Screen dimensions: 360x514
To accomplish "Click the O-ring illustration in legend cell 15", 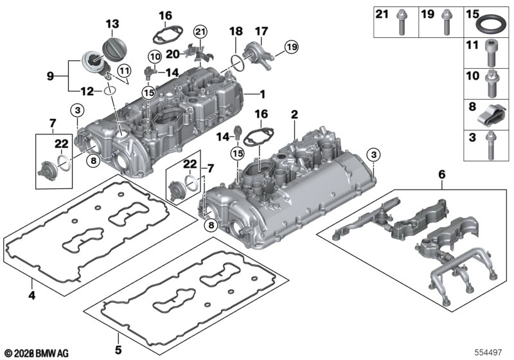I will click(x=493, y=26).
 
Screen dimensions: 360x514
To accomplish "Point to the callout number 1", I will click(x=262, y=94).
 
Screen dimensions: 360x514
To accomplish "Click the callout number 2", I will click(x=294, y=114).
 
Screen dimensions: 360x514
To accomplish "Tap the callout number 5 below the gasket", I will click(x=118, y=351).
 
